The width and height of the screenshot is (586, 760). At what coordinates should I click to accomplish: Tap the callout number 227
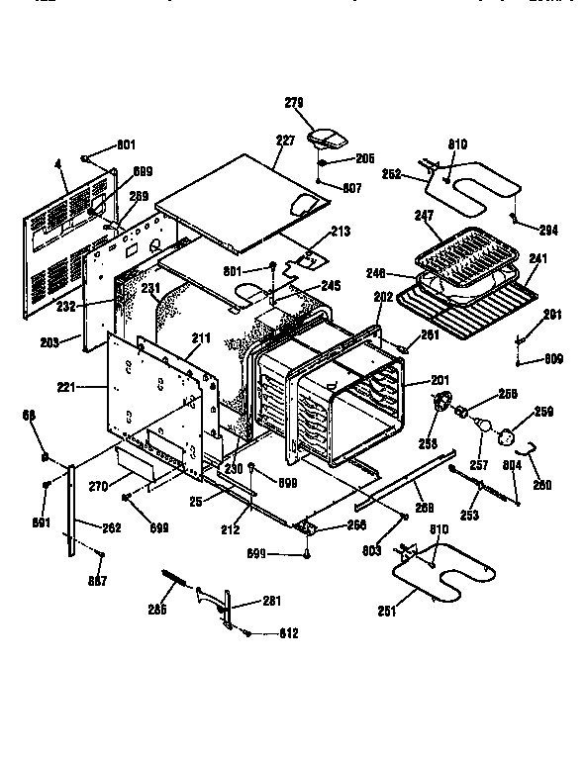(285, 141)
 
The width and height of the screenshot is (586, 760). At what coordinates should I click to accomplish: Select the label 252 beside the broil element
(391, 173)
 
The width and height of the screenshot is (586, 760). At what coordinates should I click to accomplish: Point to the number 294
(548, 231)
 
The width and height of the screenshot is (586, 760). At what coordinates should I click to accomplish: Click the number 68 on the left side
(42, 415)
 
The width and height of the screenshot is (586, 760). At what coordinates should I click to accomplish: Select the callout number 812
(288, 633)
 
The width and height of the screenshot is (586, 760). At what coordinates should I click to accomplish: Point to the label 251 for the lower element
(388, 611)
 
